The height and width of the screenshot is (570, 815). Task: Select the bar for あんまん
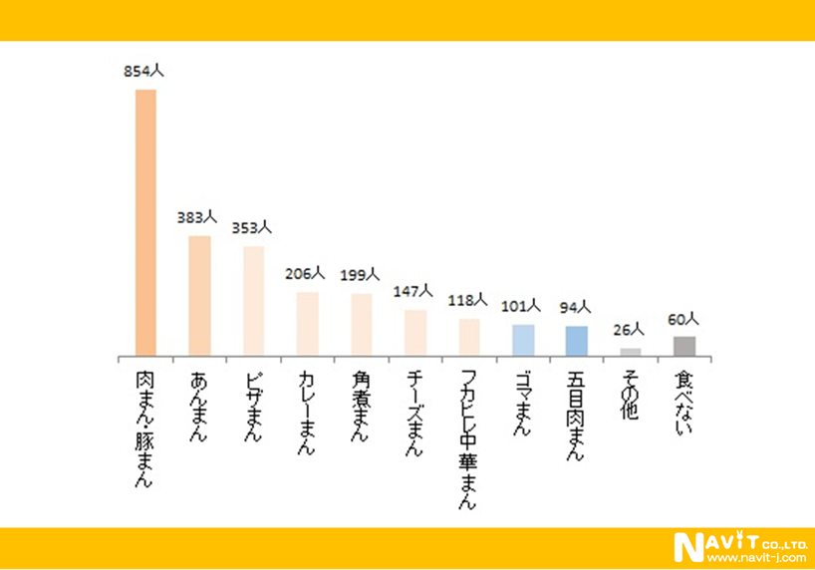(199, 296)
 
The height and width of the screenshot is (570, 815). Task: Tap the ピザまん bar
(253, 301)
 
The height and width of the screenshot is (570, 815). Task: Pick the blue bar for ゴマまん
(523, 340)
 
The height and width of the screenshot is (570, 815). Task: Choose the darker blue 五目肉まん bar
(577, 341)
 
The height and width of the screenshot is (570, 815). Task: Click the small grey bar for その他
(631, 352)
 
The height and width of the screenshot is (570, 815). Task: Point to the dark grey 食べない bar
(684, 346)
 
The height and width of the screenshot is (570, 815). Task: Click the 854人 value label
(143, 71)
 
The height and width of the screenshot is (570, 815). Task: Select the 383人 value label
(197, 217)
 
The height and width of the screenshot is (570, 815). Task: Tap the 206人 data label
(305, 273)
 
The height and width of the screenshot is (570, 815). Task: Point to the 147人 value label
(412, 291)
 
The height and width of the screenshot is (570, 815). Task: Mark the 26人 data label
(629, 329)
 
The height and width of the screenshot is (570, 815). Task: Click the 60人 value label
(683, 319)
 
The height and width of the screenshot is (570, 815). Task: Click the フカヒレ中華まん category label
(468, 438)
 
